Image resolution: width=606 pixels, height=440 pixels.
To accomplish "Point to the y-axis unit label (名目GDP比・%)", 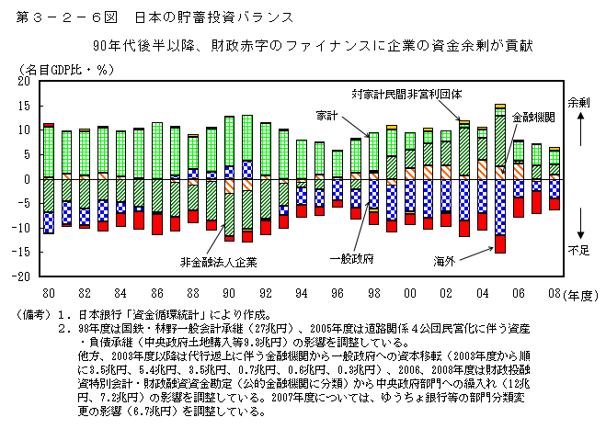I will (x=63, y=69).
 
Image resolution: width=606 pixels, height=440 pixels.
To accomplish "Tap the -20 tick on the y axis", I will (x=24, y=276).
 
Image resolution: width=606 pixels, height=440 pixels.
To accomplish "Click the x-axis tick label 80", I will (x=48, y=291).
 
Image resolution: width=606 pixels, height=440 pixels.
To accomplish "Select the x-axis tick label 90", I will (x=228, y=291).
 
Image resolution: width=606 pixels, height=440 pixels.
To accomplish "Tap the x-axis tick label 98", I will (x=372, y=291).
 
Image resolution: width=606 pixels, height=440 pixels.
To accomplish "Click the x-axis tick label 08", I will (x=554, y=291).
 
